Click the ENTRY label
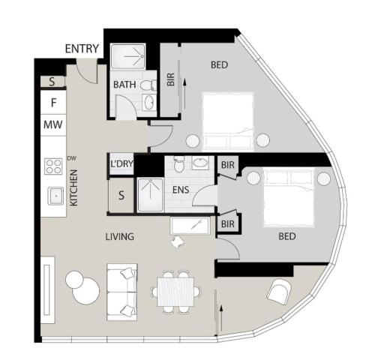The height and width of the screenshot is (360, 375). (x=82, y=49)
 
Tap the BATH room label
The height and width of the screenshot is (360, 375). (x=124, y=85)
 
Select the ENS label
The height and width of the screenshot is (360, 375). (x=181, y=190)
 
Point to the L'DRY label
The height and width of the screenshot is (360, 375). (x=121, y=163)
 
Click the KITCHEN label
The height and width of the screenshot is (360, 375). (x=73, y=187)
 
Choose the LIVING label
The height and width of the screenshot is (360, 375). (x=120, y=236)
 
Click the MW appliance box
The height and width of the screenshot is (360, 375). (x=53, y=124)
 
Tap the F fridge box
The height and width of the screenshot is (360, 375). (x=53, y=103)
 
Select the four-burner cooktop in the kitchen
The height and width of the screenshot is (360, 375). (x=53, y=166)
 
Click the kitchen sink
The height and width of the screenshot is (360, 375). (x=55, y=196)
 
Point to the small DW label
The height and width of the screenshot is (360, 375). (x=71, y=158)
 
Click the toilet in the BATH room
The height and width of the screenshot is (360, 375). (x=148, y=85)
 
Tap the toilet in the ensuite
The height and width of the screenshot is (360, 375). (x=178, y=164)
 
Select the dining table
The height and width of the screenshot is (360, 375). (x=175, y=292)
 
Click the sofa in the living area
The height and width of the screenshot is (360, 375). (x=121, y=292)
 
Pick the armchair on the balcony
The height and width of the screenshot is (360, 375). (x=279, y=292)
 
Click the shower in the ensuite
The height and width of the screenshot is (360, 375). (x=150, y=195)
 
